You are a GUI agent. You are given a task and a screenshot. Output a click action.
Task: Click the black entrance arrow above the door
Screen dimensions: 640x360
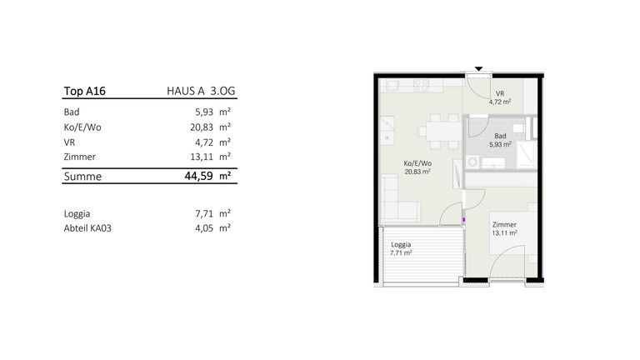[x=479, y=69]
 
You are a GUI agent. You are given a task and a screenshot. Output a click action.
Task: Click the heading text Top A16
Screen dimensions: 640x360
[x=84, y=91]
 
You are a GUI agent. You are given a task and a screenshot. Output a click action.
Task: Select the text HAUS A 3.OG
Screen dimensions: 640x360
[x=201, y=91]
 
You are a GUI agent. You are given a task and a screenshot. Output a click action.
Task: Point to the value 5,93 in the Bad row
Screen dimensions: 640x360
[x=204, y=112]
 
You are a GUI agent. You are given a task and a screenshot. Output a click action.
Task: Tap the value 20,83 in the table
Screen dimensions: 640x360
[x=202, y=127]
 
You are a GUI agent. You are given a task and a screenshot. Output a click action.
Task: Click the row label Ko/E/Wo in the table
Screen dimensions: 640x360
[x=82, y=127]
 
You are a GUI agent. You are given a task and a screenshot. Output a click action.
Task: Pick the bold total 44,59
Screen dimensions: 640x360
[x=199, y=176]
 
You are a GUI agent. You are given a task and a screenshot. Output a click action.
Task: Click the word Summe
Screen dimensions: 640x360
[x=82, y=177]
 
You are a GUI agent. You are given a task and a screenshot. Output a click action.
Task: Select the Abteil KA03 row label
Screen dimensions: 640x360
[x=87, y=227]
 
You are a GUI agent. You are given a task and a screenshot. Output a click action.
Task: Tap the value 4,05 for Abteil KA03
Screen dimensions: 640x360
[x=204, y=228]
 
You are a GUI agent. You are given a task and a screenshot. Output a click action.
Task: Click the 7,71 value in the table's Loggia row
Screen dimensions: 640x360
[x=204, y=213]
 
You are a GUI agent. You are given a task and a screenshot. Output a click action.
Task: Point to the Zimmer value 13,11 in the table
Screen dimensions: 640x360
[x=202, y=157]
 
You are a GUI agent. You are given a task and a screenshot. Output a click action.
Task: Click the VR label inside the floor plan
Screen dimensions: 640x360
[x=500, y=94]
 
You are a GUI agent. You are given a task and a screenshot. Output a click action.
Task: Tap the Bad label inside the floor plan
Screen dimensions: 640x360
[x=500, y=136]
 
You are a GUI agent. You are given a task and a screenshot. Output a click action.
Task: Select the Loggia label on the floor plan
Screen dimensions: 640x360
[x=401, y=244]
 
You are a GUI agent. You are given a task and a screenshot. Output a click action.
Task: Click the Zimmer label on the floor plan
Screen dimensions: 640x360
[x=504, y=224]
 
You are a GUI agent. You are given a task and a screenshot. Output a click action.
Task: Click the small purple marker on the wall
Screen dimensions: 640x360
[x=463, y=220]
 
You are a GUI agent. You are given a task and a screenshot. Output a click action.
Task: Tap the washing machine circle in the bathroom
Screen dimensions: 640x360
[x=472, y=162]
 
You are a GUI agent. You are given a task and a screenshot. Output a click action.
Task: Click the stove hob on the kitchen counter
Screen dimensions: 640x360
[x=421, y=85]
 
